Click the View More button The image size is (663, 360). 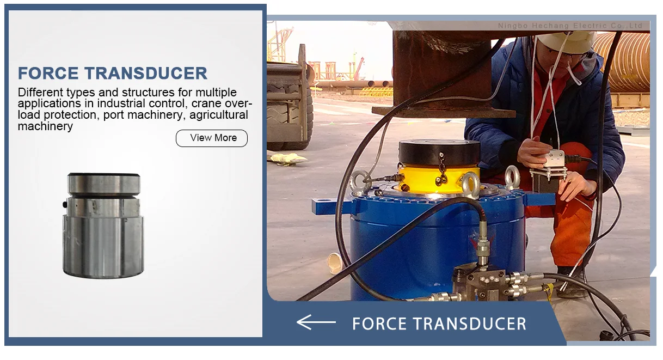pos(212,138)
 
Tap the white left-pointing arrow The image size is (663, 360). pos(316,322)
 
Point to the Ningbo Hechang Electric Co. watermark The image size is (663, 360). pos(569,26)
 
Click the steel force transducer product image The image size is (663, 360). pos(103,225)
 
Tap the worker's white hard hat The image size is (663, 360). pos(566,41)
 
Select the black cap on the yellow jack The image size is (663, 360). pos(439,152)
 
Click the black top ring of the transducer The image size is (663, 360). pos(103,177)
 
